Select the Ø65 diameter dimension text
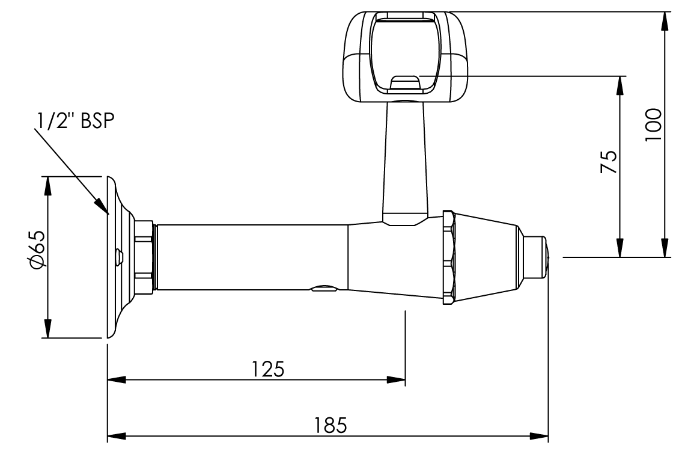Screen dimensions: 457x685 pyautogui.click(x=37, y=249)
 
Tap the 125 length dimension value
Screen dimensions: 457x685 pyautogui.click(x=268, y=367)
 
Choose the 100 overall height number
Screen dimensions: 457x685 pyautogui.click(x=653, y=124)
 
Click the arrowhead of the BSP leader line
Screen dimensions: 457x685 pyautogui.click(x=103, y=210)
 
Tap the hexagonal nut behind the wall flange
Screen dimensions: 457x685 pyautogui.click(x=144, y=257)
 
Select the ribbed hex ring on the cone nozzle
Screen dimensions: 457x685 pyautogui.click(x=449, y=257)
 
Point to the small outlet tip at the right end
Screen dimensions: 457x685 pyautogui.click(x=535, y=257)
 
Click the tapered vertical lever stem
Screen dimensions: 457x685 pyautogui.click(x=405, y=159)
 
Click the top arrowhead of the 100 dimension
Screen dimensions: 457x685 pyautogui.click(x=664, y=18)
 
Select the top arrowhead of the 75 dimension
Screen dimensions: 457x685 pyautogui.click(x=620, y=84)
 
